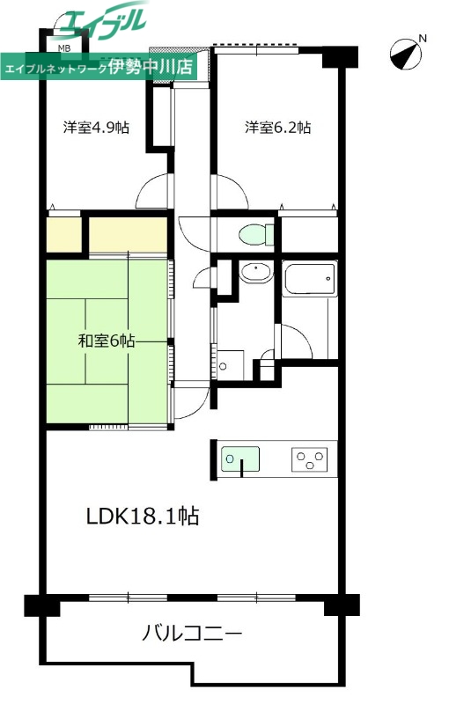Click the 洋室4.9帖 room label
[96, 127]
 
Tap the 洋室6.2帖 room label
[277, 127]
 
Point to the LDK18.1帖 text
[142, 517]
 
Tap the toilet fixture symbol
[256, 235]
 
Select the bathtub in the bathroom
[309, 282]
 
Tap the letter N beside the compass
[423, 38]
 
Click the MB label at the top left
[65, 49]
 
